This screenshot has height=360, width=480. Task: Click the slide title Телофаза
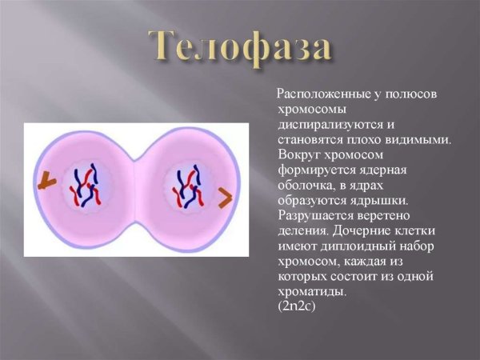click(240, 48)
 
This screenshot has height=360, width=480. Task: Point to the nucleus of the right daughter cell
click(189, 188)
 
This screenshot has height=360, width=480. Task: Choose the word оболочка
click(304, 186)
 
